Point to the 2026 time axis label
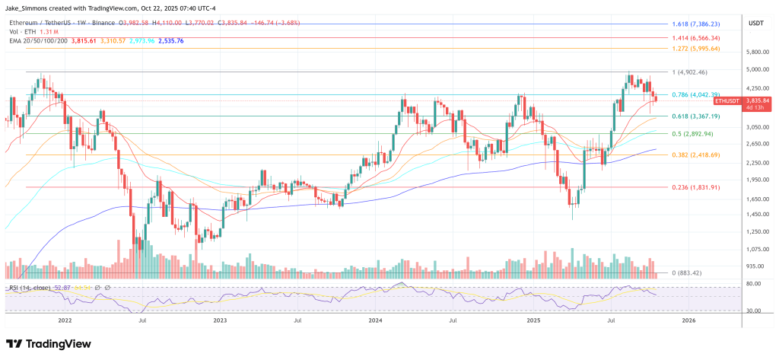[x=688, y=320]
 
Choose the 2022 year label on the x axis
[x=65, y=320]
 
